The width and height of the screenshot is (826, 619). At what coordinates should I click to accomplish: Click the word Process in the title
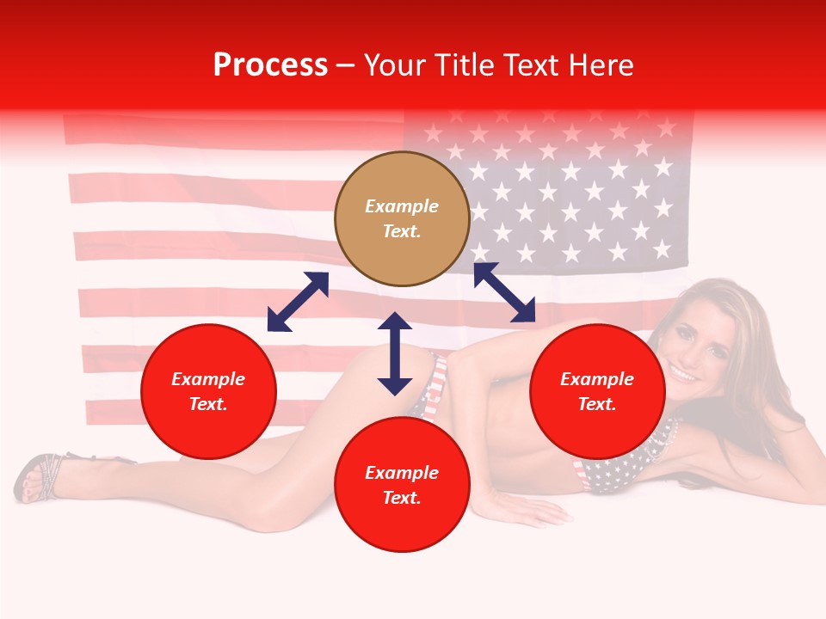(270, 65)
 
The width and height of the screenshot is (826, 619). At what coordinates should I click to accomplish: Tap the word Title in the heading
(473, 65)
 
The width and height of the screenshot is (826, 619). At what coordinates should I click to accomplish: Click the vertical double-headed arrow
(395, 353)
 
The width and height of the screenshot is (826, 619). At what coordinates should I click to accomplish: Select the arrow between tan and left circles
(298, 301)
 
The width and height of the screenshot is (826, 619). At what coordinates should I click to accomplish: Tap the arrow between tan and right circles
(504, 292)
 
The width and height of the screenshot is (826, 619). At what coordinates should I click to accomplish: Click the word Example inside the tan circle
(402, 206)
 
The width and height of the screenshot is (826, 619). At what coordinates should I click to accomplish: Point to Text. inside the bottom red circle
(402, 498)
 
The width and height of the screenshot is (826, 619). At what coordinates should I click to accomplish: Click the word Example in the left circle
(208, 379)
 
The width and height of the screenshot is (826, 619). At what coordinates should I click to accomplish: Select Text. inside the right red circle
(597, 404)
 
